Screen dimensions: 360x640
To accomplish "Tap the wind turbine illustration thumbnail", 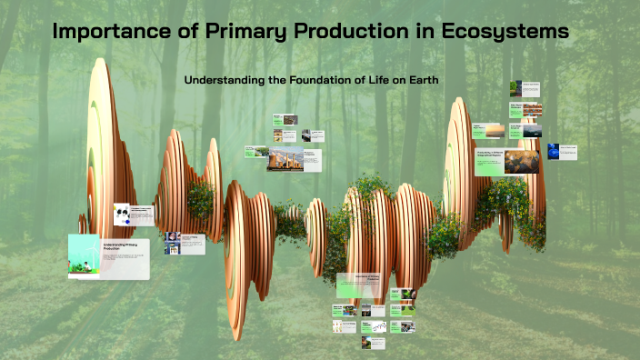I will (x=84, y=255).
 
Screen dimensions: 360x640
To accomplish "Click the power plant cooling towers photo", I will (x=285, y=159).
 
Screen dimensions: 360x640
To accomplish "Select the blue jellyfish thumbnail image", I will (x=554, y=151).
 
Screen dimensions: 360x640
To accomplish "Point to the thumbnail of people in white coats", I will (x=172, y=243).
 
